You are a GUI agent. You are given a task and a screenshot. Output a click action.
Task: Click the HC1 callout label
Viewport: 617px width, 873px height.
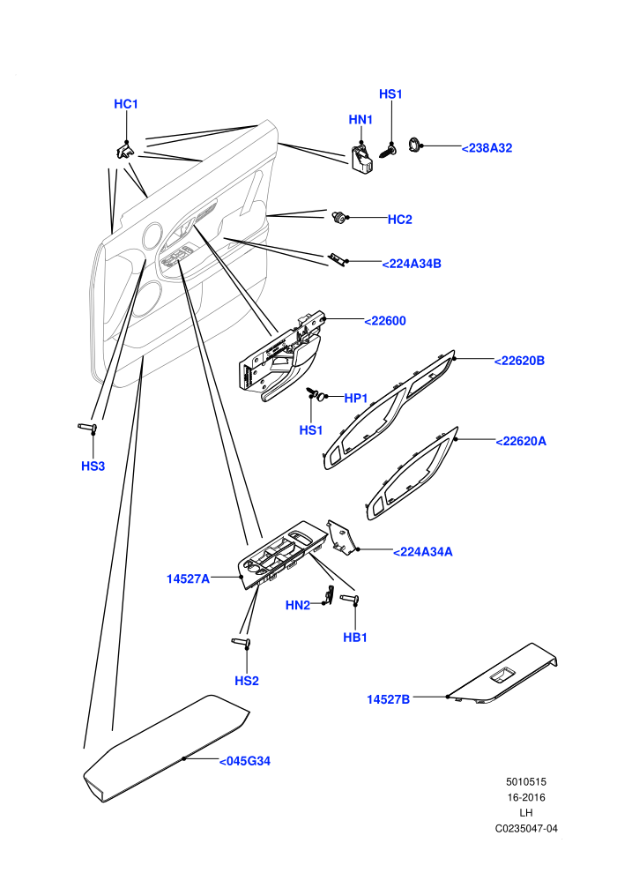[126, 104]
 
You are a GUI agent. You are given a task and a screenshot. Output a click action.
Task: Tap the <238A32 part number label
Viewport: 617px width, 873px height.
[487, 148]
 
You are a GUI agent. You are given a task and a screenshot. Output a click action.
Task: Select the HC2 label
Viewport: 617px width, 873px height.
[400, 220]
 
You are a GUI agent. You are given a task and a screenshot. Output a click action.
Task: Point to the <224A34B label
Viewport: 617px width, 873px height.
[412, 264]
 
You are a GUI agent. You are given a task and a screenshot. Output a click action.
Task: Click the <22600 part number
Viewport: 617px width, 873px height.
[385, 321]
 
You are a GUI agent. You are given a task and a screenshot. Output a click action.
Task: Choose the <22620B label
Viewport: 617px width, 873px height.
[520, 361]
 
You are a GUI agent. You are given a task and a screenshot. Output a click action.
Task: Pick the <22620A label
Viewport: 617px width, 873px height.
[521, 441]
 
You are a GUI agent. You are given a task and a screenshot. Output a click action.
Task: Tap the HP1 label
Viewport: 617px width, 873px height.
[356, 398]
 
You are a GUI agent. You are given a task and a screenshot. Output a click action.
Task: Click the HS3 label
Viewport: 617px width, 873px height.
[93, 466]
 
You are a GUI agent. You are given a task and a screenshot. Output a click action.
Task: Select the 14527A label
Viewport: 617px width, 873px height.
[188, 579]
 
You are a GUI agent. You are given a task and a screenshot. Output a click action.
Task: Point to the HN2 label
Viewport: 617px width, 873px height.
[298, 605]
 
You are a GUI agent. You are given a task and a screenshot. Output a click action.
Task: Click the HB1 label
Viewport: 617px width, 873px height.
[355, 638]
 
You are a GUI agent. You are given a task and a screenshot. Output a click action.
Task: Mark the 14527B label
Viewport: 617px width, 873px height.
[389, 699]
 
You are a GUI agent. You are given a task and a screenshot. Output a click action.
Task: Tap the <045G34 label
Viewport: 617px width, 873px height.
[245, 761]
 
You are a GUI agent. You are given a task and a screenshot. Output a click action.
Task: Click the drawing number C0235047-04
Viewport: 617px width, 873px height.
[526, 828]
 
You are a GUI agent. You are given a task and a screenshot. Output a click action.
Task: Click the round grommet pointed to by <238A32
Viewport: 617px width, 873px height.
[414, 145]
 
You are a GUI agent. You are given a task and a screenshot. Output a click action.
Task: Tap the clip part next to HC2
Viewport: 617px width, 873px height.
[338, 217]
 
